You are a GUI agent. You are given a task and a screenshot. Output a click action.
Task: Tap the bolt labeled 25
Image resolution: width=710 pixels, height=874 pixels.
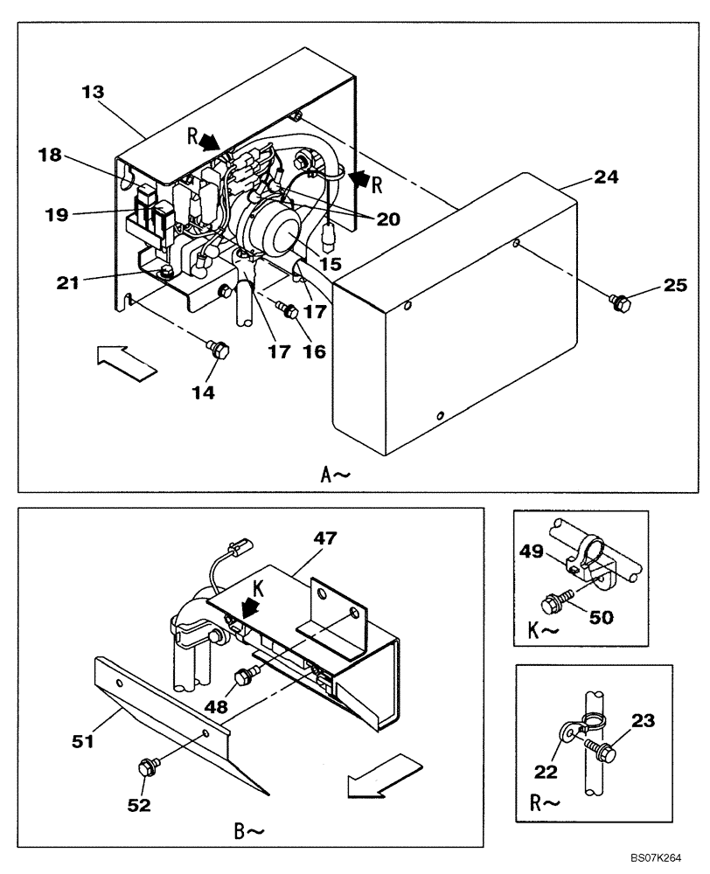click(x=620, y=302)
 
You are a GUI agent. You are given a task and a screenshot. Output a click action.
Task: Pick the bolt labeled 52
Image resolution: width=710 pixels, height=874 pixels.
click(x=146, y=768)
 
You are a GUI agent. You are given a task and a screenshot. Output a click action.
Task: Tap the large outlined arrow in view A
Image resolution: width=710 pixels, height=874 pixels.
click(x=124, y=359)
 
